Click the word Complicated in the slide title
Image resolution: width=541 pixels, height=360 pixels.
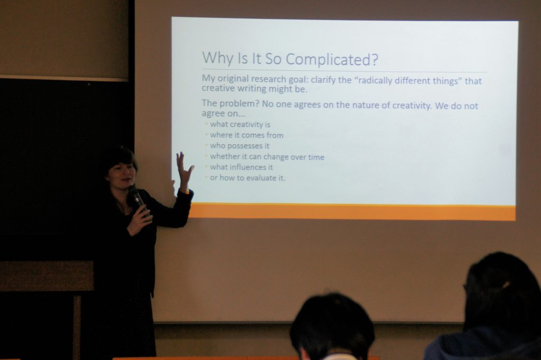(x=332, y=59)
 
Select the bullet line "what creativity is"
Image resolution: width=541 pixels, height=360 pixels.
(x=240, y=124)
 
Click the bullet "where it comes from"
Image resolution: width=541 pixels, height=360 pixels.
(x=247, y=135)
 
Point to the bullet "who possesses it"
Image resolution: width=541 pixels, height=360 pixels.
(x=240, y=146)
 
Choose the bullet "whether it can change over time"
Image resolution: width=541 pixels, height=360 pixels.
(x=267, y=157)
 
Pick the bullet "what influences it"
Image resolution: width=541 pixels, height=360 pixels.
(x=241, y=167)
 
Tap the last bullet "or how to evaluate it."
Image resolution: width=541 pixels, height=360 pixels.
(x=248, y=178)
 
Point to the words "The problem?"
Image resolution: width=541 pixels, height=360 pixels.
(x=230, y=103)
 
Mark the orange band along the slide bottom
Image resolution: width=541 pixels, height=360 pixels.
(x=352, y=211)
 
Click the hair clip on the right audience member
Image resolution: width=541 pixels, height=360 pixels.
(x=506, y=285)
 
